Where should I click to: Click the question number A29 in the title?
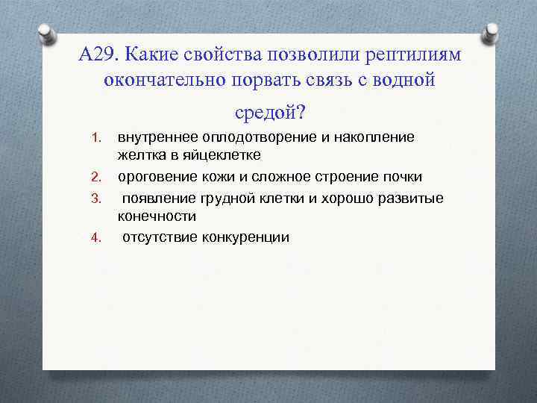pos(98,56)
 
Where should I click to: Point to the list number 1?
pos(95,138)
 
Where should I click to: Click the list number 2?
pos(95,178)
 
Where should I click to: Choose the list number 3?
pos(95,198)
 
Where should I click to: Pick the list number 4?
pos(95,238)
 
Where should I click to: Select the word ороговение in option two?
pos(153,177)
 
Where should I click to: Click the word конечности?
pos(157,216)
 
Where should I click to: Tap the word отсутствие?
pos(155,237)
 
